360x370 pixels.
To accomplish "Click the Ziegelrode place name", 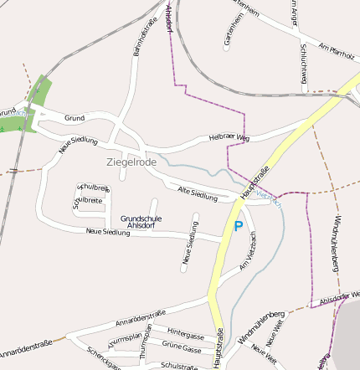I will [x=131, y=162].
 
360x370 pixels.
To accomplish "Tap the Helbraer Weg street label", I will [x=231, y=136].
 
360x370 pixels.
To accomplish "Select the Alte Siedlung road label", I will [x=198, y=195].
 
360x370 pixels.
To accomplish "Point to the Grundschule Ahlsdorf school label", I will [x=141, y=222].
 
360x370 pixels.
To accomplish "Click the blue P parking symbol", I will [x=239, y=226].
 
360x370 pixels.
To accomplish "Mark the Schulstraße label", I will [x=177, y=366].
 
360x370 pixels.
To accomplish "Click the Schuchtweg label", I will [x=303, y=64].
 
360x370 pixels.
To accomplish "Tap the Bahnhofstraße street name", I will [x=144, y=38].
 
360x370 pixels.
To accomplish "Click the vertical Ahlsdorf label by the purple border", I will [x=170, y=18].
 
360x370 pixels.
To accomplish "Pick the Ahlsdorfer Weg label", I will [x=339, y=298].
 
